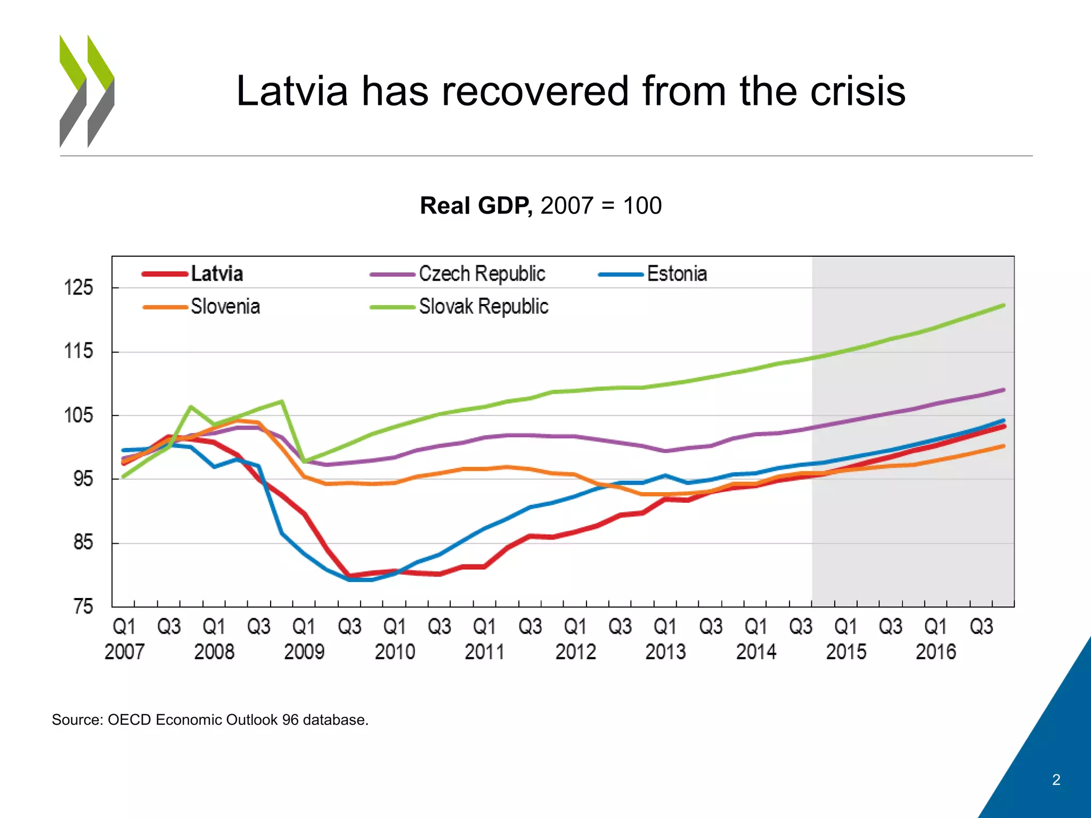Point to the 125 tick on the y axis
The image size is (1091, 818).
point(78,288)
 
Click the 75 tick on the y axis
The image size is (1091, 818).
point(83,606)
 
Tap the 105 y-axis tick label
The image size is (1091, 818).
point(78,415)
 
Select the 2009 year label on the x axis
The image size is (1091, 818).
point(304,652)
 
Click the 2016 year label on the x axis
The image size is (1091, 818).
point(936,652)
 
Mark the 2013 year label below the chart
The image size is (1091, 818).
point(665,652)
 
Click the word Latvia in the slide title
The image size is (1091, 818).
point(292,91)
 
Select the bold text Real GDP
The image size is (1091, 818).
point(476,206)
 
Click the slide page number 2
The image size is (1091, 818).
point(1056,780)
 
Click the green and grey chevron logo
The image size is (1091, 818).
point(87,91)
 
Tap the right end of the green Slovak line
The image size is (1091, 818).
point(1004,306)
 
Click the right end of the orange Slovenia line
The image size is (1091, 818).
point(1004,446)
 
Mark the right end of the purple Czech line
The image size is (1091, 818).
point(1004,390)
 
